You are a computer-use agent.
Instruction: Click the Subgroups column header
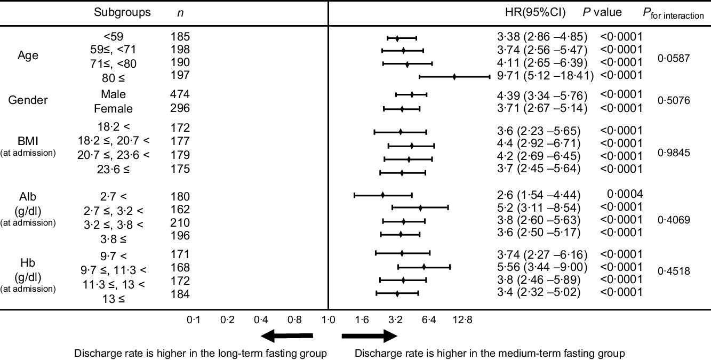click(122, 12)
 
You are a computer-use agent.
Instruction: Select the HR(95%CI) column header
click(535, 12)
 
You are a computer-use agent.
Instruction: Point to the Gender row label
click(28, 100)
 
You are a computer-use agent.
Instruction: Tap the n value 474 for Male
click(180, 94)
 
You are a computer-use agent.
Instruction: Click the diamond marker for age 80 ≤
click(454, 76)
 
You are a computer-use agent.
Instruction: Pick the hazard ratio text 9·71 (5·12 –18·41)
click(545, 76)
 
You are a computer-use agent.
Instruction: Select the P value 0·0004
click(625, 194)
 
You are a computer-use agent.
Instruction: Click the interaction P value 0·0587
click(674, 59)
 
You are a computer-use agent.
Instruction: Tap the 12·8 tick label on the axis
click(462, 319)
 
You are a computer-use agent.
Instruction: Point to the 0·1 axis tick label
click(193, 319)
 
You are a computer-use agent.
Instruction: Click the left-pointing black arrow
click(287, 336)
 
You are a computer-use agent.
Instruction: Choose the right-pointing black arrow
click(370, 336)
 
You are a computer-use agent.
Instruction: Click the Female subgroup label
click(113, 109)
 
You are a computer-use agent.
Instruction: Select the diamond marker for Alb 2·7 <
click(383, 195)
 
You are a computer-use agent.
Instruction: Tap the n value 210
click(180, 222)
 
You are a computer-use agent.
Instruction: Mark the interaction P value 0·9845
click(674, 153)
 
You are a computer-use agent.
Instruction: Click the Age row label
click(28, 55)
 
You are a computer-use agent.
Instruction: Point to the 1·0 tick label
click(328, 319)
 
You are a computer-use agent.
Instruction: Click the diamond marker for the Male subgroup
click(412, 94)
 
